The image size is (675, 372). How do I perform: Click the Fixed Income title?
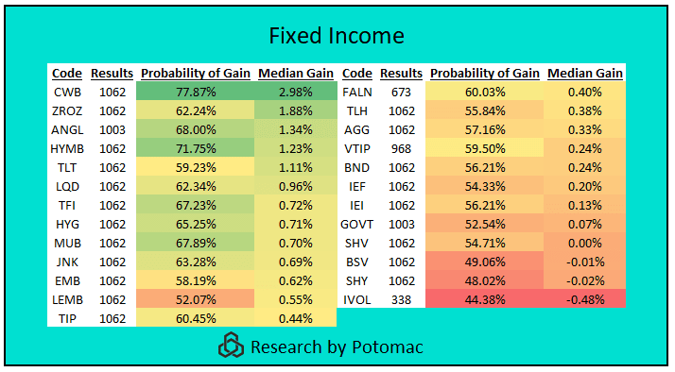pos(337,36)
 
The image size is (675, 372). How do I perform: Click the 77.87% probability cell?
pos(196,92)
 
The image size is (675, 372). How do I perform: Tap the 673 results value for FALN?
pos(401,92)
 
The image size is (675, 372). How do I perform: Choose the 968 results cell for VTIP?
pos(401,148)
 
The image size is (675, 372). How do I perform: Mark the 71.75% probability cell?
pos(196,148)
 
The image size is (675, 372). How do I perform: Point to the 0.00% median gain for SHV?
pos(585,243)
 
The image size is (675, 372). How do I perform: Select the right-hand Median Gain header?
pos(585,73)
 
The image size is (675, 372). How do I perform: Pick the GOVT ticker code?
pos(357,224)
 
